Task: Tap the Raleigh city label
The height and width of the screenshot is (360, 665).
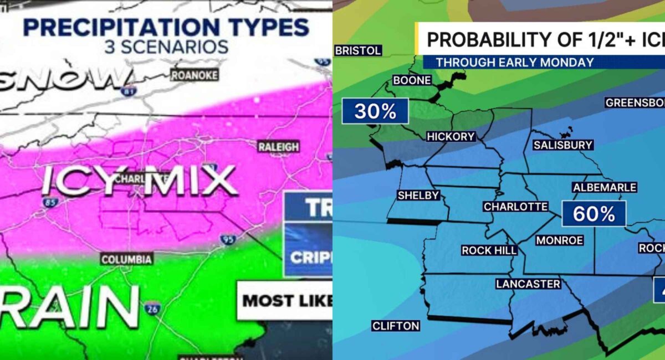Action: [278, 147]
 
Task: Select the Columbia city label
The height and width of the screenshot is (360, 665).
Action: [126, 259]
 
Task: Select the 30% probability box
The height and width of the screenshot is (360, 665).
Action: [375, 111]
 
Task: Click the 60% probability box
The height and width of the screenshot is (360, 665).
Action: [594, 214]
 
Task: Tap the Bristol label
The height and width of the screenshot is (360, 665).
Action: [358, 50]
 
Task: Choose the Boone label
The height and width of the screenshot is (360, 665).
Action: [412, 80]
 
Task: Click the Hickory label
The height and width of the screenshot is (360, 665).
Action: [451, 136]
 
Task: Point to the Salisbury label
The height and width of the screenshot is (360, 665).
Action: [562, 145]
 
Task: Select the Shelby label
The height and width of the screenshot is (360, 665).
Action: [418, 195]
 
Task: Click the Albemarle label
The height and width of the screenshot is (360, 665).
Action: [605, 187]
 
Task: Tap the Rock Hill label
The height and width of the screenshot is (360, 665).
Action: [489, 250]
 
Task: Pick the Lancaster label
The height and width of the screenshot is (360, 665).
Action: [528, 284]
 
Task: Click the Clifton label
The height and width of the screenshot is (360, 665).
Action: [396, 326]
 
